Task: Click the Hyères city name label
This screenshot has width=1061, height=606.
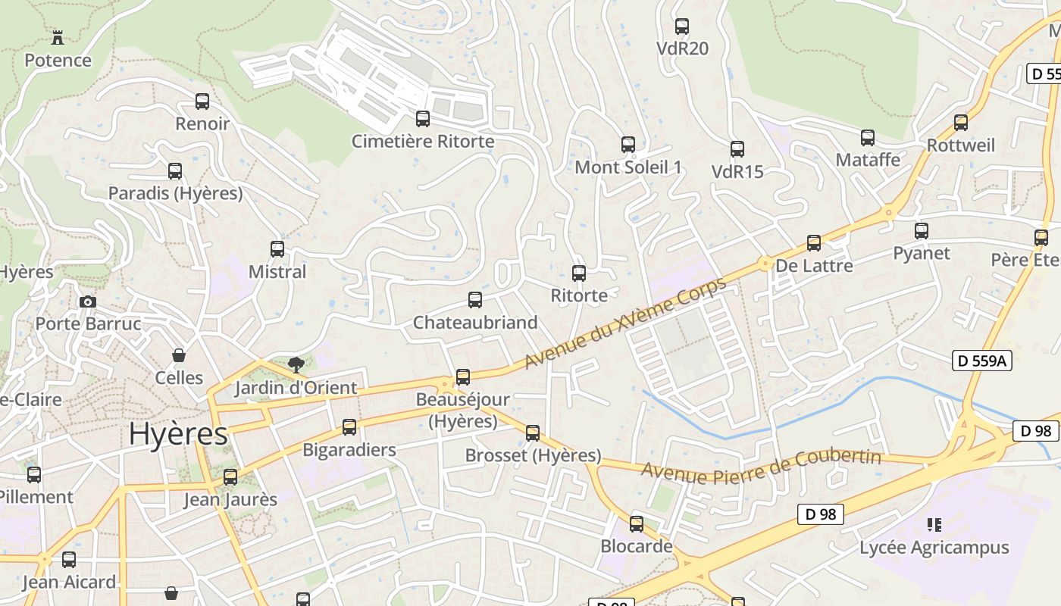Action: click(x=178, y=434)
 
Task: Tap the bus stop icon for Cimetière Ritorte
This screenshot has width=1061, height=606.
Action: click(x=423, y=119)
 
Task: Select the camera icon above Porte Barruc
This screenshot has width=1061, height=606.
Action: click(x=87, y=301)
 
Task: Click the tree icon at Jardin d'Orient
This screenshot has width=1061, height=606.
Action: click(x=296, y=365)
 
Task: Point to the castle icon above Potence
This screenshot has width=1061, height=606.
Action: click(x=57, y=36)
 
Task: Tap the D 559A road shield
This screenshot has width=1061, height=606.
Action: click(x=982, y=361)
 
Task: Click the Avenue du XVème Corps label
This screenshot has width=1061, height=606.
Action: click(x=624, y=323)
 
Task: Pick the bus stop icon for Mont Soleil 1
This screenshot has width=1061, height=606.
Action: click(x=628, y=145)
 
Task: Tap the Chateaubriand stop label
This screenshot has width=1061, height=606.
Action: click(x=475, y=323)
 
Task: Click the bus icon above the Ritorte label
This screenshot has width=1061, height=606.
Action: click(x=579, y=273)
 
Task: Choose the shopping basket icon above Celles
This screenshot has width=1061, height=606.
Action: click(x=179, y=355)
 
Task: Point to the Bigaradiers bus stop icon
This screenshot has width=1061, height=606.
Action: click(x=349, y=427)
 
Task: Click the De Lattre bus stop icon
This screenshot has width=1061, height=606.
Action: click(x=814, y=243)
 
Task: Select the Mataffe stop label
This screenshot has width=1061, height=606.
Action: click(x=868, y=160)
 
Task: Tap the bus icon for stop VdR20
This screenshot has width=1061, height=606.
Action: click(x=682, y=27)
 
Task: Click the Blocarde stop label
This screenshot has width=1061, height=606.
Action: click(x=637, y=546)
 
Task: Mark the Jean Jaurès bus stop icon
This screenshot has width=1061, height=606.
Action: click(x=230, y=477)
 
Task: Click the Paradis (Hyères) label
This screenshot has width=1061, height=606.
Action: click(x=175, y=193)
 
